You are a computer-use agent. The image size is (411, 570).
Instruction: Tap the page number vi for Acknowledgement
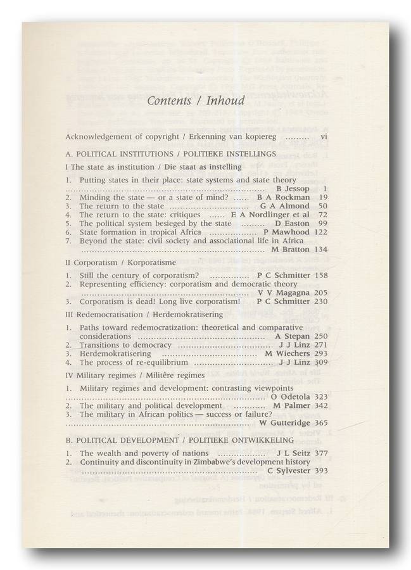pos(324,136)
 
